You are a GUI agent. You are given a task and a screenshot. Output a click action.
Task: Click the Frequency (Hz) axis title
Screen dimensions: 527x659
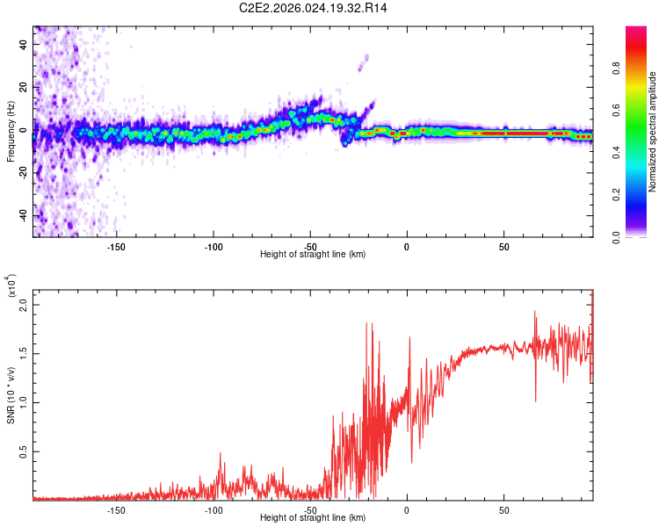(x=11, y=132)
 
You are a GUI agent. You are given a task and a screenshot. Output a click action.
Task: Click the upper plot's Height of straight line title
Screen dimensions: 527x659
(x=313, y=254)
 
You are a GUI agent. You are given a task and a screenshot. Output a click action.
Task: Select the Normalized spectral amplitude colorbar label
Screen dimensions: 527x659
(x=652, y=132)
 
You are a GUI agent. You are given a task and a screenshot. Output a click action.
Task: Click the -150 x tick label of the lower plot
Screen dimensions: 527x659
(x=116, y=509)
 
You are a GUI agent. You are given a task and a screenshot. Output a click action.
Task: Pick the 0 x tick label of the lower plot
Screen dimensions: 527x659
(x=407, y=509)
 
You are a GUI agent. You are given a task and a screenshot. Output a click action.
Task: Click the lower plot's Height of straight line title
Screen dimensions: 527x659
(x=313, y=518)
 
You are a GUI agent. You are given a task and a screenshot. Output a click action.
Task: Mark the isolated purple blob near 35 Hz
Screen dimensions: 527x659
(x=366, y=59)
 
